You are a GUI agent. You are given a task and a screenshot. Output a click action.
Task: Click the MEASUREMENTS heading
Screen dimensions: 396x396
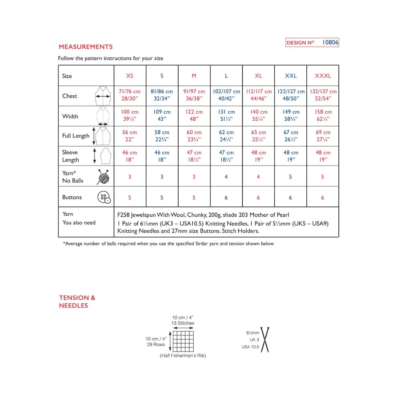85,47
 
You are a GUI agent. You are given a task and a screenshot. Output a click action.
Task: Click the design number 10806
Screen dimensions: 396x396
330,43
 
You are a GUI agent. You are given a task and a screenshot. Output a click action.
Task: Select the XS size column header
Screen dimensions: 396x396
130,76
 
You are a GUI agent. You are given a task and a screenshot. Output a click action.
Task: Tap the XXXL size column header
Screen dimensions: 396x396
323,76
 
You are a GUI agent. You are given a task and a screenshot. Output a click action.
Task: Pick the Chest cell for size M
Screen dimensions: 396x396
194,95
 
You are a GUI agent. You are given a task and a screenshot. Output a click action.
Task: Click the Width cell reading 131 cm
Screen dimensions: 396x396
226,116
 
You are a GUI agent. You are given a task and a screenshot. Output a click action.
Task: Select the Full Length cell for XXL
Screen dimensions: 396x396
290,136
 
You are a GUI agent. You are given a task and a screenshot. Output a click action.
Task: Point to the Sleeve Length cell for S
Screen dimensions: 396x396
162,156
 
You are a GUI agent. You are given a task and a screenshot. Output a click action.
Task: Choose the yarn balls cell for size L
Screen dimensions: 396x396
226,177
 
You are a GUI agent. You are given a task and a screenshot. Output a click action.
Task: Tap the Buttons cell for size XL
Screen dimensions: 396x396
258,197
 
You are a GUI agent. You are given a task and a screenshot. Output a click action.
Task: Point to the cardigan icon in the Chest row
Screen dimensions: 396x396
103,96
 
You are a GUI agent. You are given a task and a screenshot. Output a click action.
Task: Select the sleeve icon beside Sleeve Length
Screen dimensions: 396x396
105,155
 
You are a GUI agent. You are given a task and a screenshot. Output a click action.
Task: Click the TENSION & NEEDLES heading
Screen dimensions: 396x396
77,302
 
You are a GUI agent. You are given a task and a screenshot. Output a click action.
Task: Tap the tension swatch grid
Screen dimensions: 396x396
183,341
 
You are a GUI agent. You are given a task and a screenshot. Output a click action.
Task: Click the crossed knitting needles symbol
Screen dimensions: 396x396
265,340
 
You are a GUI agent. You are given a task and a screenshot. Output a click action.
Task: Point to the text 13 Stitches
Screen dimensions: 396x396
183,323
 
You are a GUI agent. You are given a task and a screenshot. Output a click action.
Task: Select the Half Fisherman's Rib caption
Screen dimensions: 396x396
183,356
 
